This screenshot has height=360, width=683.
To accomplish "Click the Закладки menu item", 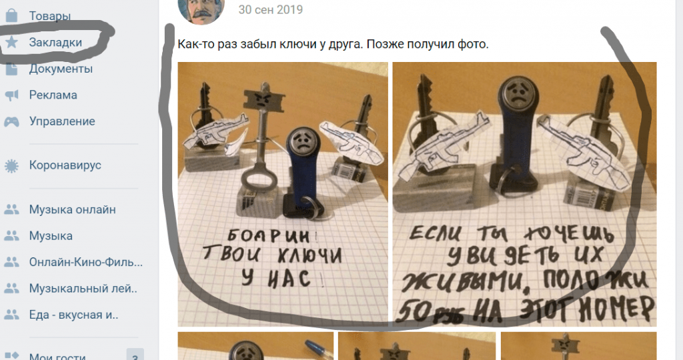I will (x=55, y=42).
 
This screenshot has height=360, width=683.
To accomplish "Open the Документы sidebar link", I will (x=61, y=69).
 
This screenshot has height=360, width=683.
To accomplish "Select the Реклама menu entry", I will (x=53, y=95).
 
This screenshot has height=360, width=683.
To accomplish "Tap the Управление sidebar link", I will (x=62, y=121).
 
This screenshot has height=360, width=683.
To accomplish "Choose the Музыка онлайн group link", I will (x=72, y=209).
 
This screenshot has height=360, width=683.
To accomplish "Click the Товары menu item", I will (x=50, y=15).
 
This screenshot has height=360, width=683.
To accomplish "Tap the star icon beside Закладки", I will (x=12, y=42).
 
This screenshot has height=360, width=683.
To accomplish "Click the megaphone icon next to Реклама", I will (x=12, y=95).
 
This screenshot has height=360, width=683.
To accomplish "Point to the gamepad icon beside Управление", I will (x=12, y=122).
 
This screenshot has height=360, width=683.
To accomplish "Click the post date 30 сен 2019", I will (x=270, y=10).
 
